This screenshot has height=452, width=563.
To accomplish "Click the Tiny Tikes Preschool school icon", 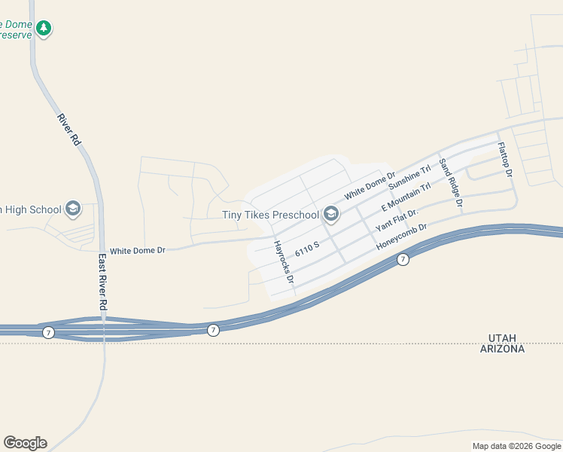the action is [x=331, y=215].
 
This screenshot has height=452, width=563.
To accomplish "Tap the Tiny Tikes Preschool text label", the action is [x=270, y=215].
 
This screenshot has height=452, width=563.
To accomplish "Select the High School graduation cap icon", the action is [x=73, y=209].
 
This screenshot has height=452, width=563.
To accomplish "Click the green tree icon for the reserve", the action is [x=44, y=28].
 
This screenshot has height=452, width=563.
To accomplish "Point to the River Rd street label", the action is [x=68, y=130].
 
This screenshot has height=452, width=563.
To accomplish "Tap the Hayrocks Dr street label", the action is [x=284, y=262].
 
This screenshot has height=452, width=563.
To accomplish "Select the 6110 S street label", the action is [x=308, y=249].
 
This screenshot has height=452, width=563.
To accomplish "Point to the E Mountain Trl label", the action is [x=406, y=197].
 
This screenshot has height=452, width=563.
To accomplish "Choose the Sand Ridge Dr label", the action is [x=451, y=183].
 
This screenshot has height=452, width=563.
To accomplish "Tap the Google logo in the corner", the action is [x=25, y=443].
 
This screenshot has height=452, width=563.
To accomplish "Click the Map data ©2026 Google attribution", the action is [x=516, y=446].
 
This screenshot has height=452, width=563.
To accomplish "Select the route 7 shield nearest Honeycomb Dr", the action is [x=403, y=260].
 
